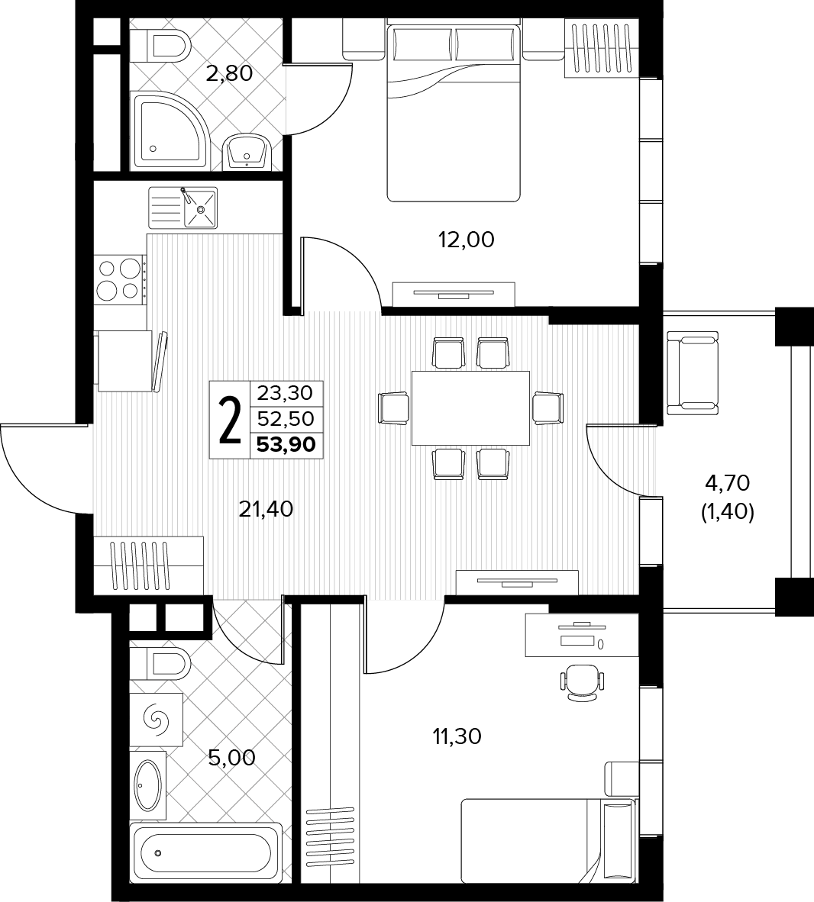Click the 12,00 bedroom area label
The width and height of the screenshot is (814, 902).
click(x=467, y=240)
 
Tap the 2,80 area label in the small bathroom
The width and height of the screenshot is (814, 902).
click(x=229, y=73)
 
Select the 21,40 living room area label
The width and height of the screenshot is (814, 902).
click(x=266, y=508)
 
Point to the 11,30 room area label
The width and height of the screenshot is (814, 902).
click(x=457, y=736)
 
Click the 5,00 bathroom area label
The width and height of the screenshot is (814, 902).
click(x=231, y=758)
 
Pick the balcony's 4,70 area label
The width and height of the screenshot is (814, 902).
click(x=728, y=483)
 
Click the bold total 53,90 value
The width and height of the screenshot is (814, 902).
click(x=286, y=445)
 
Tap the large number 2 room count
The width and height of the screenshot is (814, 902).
click(x=230, y=420)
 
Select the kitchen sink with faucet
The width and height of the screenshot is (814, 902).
click(x=183, y=207)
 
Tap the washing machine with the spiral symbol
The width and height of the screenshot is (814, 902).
click(x=157, y=719)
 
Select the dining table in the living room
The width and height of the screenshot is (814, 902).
click(x=470, y=408)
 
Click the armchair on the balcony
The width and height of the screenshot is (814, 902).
click(x=693, y=372)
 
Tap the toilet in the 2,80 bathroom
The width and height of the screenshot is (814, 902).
click(x=160, y=44)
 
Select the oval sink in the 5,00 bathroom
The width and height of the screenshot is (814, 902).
click(x=148, y=785)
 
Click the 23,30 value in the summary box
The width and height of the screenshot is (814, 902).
click(x=285, y=393)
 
